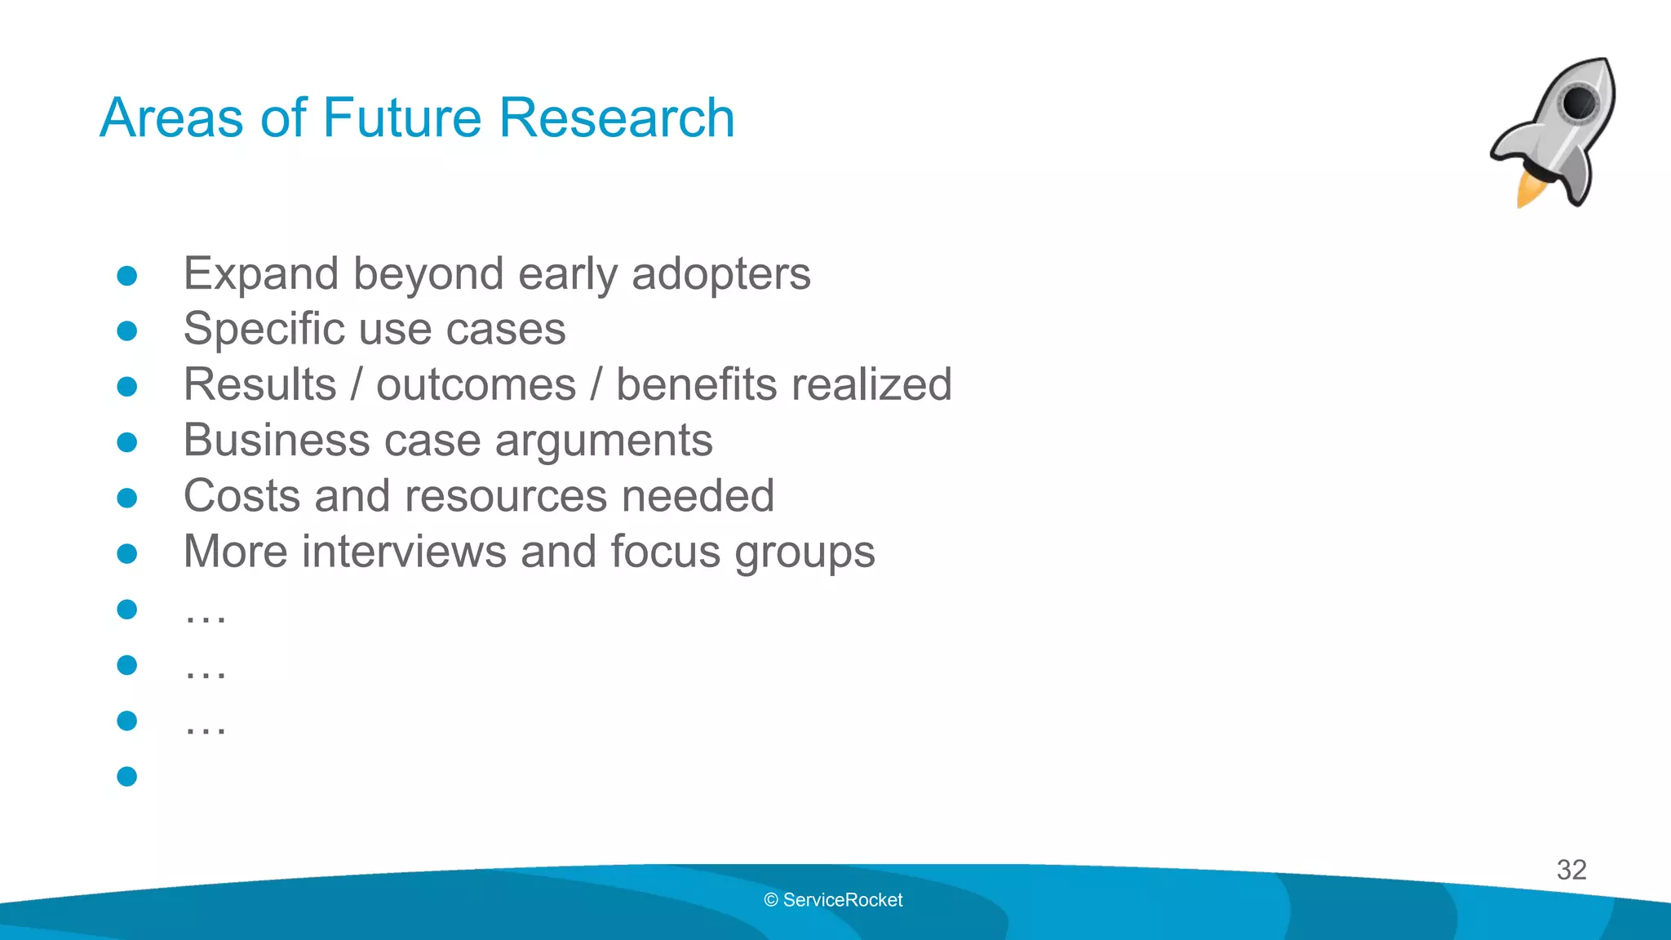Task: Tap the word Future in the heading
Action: [x=402, y=117]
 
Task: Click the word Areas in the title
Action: [x=171, y=117]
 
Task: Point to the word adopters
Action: [x=721, y=274]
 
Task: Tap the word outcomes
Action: [x=476, y=385]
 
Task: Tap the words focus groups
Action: [x=742, y=553]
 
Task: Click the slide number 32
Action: [x=1571, y=870]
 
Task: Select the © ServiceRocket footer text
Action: [x=833, y=900]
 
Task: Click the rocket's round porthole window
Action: [x=1580, y=103]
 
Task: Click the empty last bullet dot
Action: [x=126, y=776]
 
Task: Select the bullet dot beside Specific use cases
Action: [x=126, y=330]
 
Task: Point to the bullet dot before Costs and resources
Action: [x=126, y=498]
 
